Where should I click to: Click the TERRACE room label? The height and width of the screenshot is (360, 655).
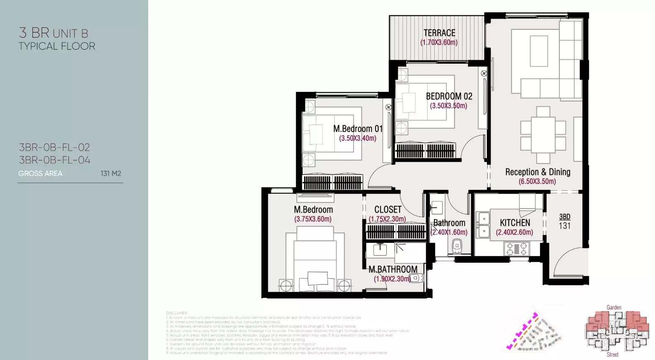coord(439,33)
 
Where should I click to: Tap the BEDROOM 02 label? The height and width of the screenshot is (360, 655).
coord(449,96)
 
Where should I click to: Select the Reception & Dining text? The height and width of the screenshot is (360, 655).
coord(537,172)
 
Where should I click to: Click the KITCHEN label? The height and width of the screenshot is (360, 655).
coord(515,223)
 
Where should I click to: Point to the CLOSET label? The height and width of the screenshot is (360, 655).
coord(388,210)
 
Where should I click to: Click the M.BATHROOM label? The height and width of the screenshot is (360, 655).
coord(393,269)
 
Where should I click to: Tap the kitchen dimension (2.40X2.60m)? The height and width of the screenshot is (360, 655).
coord(514,233)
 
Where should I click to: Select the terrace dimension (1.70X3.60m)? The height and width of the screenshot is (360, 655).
coord(439,43)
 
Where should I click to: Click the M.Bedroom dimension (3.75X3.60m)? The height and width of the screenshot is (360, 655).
coord(313,219)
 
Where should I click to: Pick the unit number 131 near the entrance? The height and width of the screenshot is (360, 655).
coord(565,226)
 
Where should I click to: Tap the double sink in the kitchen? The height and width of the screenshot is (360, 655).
coord(483,225)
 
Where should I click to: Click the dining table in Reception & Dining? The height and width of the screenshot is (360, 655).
coord(543,135)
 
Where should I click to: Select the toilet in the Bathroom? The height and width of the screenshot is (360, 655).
coord(457,245)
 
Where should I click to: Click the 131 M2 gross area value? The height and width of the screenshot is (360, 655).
coord(111,174)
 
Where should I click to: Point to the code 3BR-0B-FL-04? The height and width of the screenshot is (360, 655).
coord(54,160)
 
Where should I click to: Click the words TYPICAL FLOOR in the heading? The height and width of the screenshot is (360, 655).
coord(57,46)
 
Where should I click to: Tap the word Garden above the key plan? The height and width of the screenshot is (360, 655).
coord(614,307)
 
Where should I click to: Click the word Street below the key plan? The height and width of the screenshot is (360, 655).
coord(612,355)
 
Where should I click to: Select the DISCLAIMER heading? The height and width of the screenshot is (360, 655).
coord(176,313)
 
